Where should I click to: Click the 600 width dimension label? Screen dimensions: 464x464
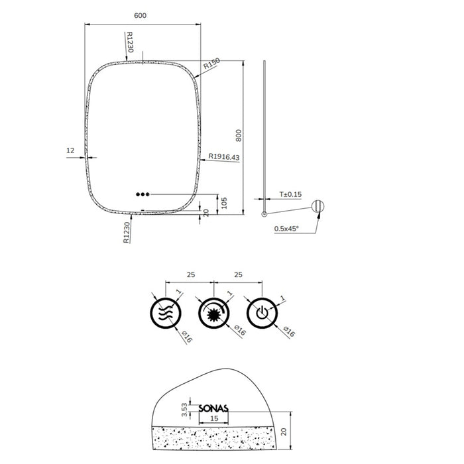(140, 15)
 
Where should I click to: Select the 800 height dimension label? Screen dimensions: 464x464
(239, 135)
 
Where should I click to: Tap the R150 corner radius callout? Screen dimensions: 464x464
(212, 64)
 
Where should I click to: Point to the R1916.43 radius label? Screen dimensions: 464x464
(224, 156)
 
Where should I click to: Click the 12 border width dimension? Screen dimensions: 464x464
(70, 150)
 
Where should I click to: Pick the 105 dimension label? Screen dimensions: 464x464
(224, 203)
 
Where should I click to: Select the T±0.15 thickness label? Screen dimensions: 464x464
(290, 194)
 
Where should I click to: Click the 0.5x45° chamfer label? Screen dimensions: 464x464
(286, 229)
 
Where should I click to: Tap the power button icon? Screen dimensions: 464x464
(262, 313)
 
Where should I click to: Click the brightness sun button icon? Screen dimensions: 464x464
(214, 313)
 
